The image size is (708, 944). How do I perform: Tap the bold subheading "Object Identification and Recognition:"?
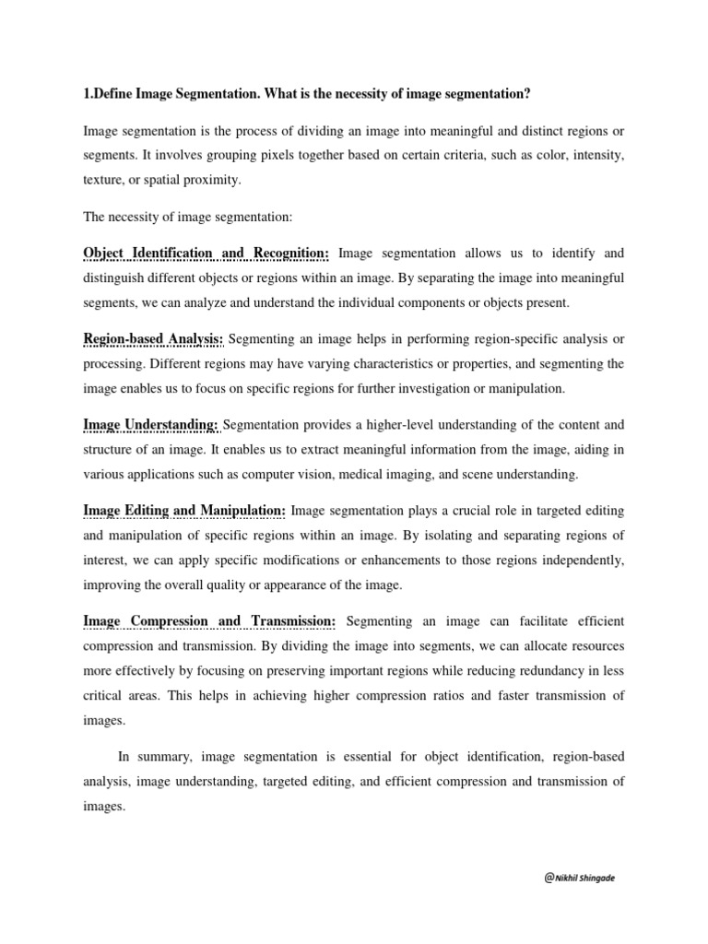pos(207,253)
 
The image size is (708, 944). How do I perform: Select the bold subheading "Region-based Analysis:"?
pos(153,339)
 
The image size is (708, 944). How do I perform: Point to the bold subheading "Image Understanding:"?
pos(151,425)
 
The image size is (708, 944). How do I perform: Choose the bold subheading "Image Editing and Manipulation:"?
pos(184,511)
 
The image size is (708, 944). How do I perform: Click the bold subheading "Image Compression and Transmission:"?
pos(209,622)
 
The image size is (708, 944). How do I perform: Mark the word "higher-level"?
pos(355,425)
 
